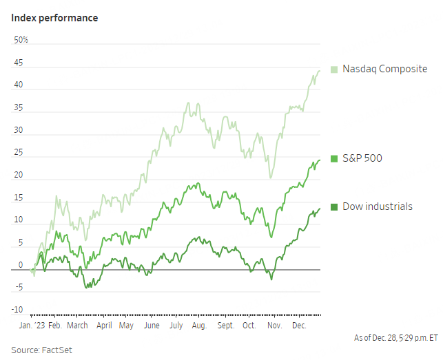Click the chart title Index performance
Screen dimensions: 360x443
(54, 18)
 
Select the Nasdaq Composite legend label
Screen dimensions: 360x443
(384, 69)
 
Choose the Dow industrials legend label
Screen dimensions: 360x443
(377, 207)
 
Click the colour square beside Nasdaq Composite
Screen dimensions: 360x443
(334, 69)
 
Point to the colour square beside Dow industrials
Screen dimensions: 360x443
(334, 207)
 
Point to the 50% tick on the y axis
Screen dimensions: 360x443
(21, 41)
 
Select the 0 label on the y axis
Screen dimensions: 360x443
(21, 265)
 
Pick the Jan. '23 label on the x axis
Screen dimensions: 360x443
(32, 325)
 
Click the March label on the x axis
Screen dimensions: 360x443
(77, 325)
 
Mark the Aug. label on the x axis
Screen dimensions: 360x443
(199, 325)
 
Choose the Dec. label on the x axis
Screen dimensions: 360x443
(299, 325)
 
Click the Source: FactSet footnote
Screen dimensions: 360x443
(41, 350)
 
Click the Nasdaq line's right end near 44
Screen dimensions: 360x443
(319, 71)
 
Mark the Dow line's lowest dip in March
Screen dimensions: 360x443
(86, 286)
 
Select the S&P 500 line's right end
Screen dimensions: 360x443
(319, 160)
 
